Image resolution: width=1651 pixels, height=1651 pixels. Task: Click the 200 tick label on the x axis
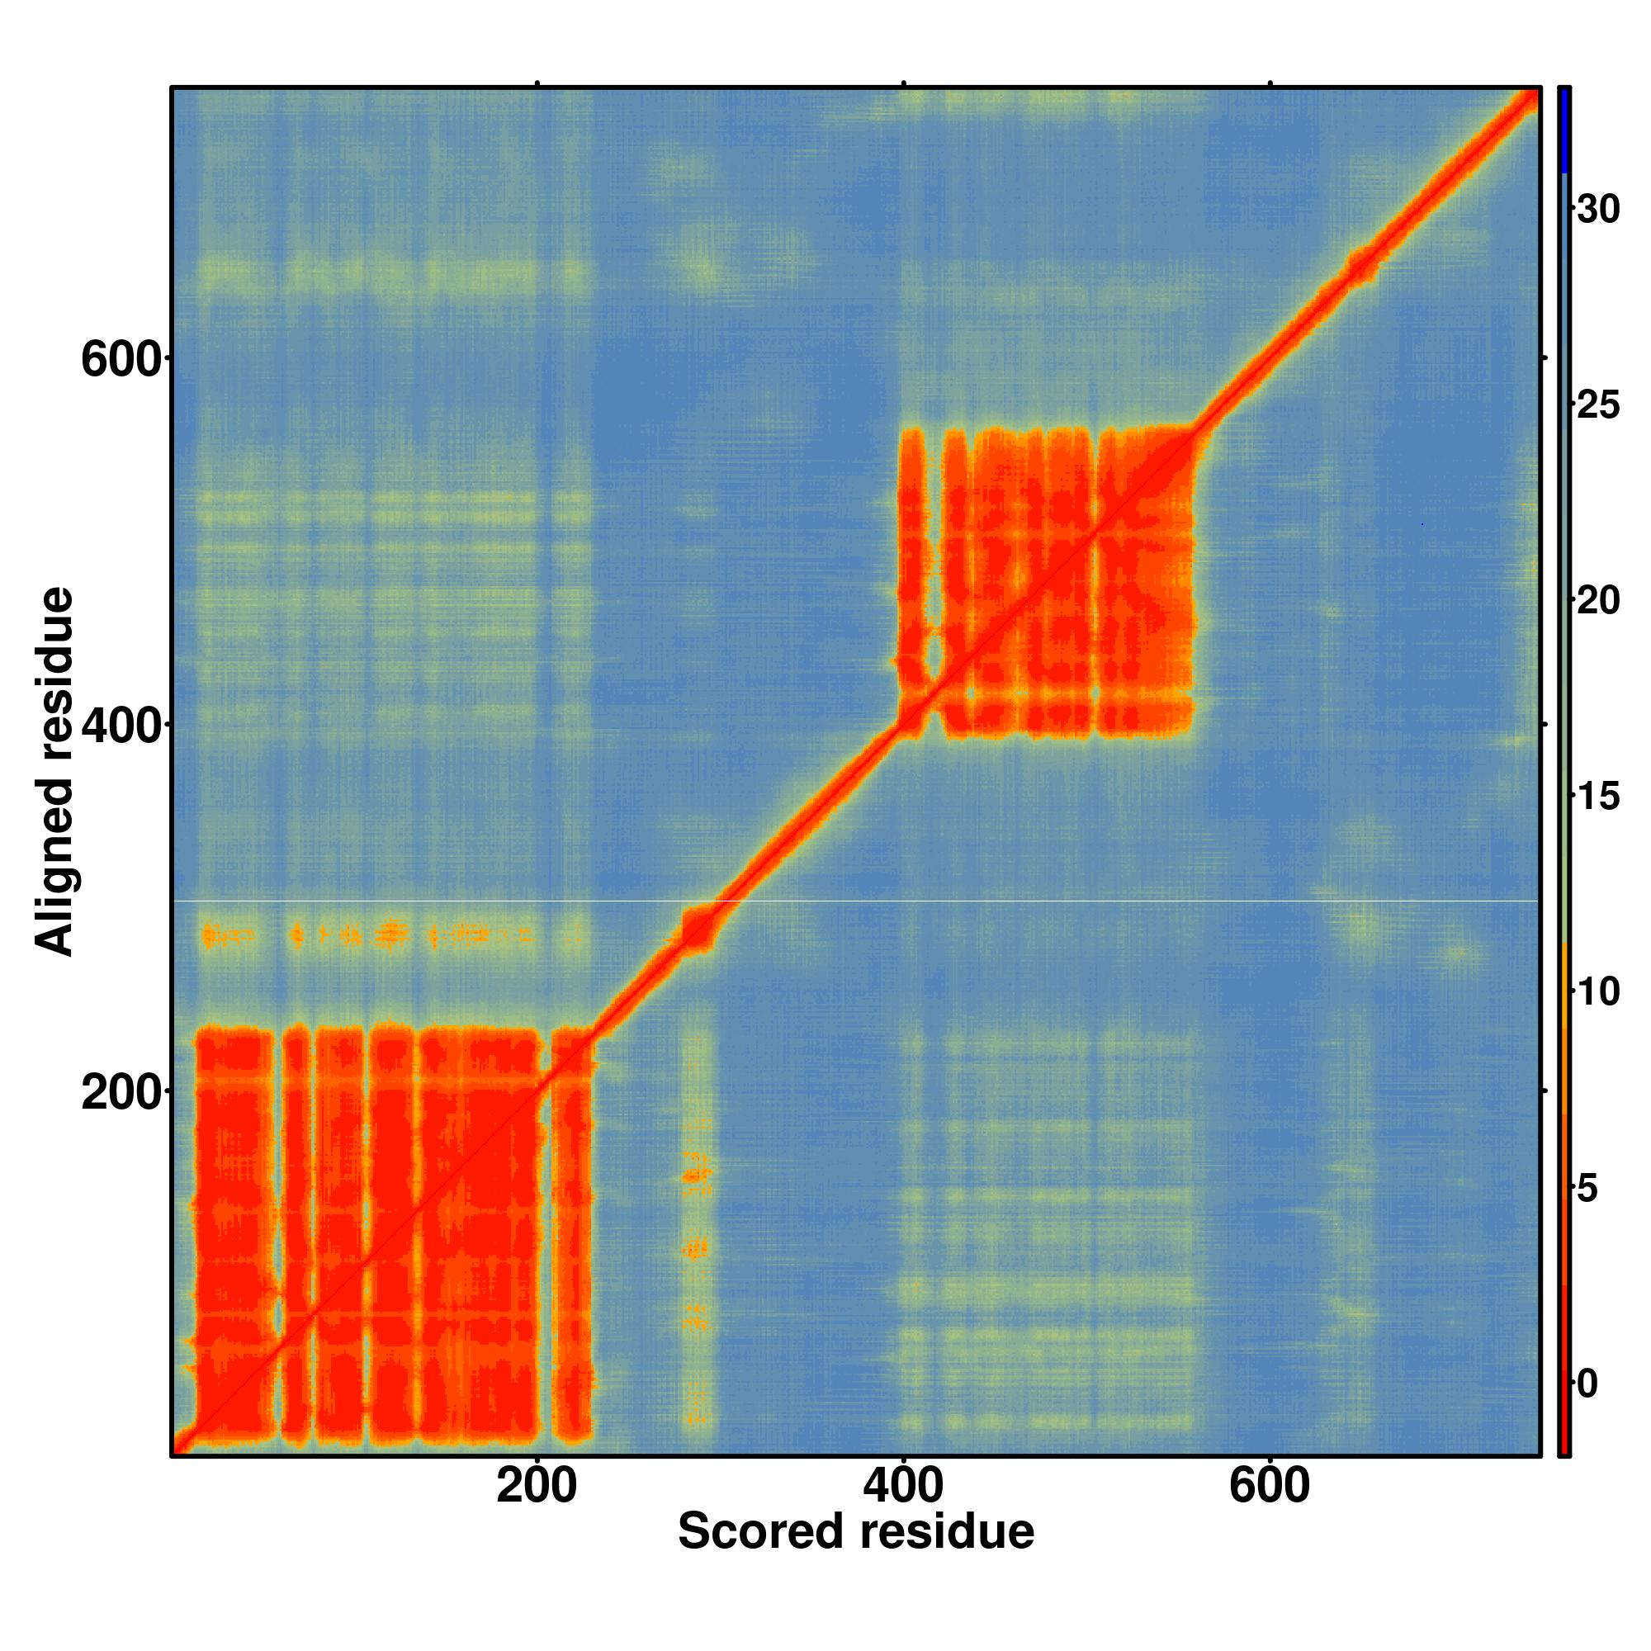[537, 1486]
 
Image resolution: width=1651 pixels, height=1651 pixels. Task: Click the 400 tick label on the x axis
[903, 1486]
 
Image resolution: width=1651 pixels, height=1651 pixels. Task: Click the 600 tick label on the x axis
[1269, 1486]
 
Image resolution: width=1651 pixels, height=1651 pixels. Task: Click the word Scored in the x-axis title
[759, 1531]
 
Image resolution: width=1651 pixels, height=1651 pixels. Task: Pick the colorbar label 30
[1598, 210]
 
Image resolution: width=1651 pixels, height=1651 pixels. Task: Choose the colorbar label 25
[1598, 405]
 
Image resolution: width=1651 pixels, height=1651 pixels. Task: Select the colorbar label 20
[1598, 601]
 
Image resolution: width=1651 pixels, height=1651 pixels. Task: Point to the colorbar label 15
[1598, 797]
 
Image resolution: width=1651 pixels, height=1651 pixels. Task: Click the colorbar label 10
[1598, 992]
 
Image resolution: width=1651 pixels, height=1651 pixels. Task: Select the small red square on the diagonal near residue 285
[698, 929]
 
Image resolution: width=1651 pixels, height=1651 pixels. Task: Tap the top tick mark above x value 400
[903, 83]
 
